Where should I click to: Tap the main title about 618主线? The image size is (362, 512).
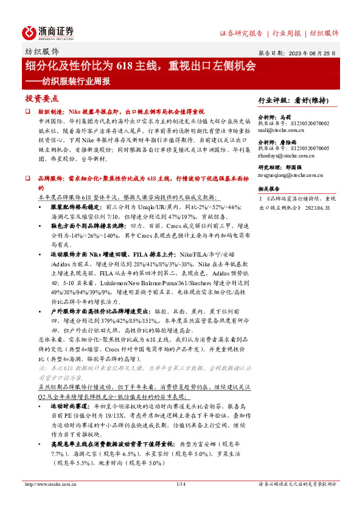[x=140, y=65]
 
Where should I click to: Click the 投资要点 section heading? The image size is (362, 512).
[x=41, y=98]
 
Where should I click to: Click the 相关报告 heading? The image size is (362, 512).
[x=268, y=189]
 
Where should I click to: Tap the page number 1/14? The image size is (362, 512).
[x=180, y=501]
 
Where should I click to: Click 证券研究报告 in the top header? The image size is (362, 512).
[x=241, y=33]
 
